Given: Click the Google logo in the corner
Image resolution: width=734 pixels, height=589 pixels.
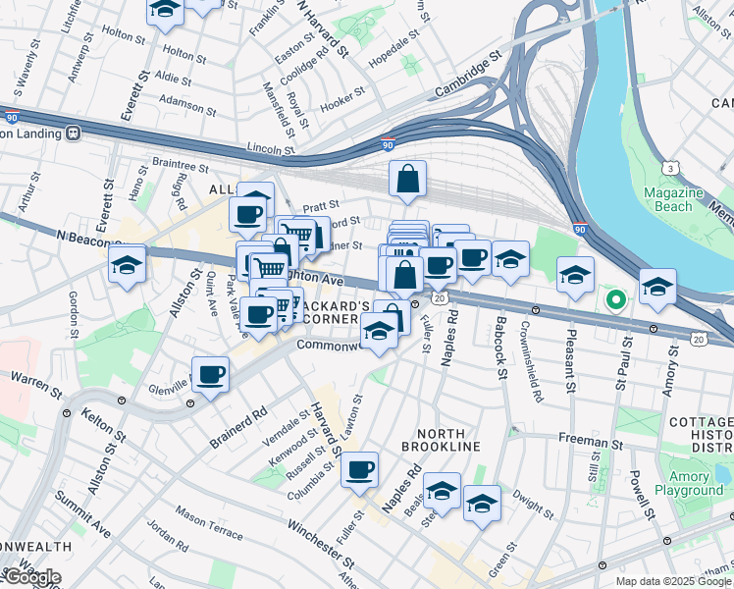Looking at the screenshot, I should click(x=31, y=577).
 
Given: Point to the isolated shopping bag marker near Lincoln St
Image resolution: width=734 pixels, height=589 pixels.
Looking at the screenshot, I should click(x=407, y=181).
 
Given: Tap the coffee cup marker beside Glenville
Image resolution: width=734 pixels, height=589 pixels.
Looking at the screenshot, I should click(x=211, y=374).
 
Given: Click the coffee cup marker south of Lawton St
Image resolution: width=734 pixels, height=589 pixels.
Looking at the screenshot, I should click(x=360, y=469).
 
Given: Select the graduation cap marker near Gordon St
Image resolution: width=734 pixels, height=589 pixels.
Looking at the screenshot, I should click(x=128, y=265).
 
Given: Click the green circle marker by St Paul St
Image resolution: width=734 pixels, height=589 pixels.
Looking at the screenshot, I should click(x=615, y=299).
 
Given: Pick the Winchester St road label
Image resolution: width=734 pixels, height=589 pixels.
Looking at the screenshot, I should click(x=321, y=542).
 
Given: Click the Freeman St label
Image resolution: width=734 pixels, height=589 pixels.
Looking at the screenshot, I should click(x=584, y=443).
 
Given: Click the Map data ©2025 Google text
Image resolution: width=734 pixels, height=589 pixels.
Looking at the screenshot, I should click(x=673, y=581).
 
